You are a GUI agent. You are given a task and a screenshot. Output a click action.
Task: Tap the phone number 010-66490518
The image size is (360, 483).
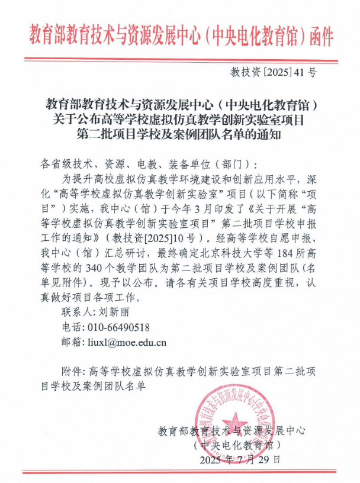(118, 327)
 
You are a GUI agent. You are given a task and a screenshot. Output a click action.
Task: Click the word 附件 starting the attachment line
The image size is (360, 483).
(72, 372)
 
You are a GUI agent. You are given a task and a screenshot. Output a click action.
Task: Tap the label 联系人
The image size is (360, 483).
(77, 312)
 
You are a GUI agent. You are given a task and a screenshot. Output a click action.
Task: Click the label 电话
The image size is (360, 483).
(72, 327)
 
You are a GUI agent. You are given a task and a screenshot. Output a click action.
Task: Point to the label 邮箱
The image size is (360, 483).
(72, 342)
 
